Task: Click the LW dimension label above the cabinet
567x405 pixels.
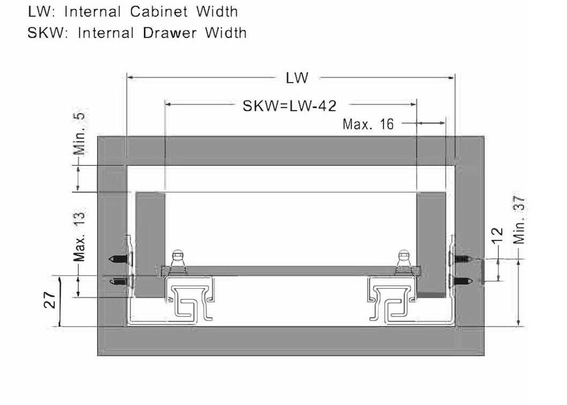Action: (297, 78)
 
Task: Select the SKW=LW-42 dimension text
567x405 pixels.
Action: (289, 106)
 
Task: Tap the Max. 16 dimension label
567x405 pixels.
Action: (368, 124)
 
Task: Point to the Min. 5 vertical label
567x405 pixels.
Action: (79, 134)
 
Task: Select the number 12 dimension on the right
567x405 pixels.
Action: (497, 235)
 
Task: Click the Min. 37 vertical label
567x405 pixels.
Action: (519, 220)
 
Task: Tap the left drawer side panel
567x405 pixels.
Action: (150, 245)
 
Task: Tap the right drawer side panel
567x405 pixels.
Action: (431, 245)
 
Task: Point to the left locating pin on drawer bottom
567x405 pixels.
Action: (178, 260)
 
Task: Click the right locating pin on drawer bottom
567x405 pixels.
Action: (404, 260)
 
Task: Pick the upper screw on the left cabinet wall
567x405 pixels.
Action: (119, 259)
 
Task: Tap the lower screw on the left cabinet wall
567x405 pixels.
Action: (119, 282)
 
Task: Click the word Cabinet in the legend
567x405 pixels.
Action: (159, 12)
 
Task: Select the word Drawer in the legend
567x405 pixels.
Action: (170, 33)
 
